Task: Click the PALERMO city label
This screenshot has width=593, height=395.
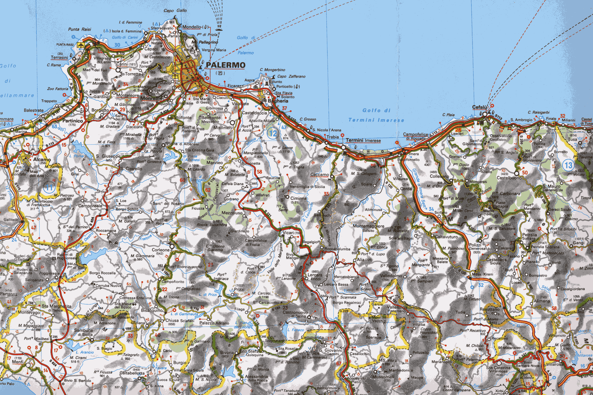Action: (225, 65)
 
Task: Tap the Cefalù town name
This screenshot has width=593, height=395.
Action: (479, 107)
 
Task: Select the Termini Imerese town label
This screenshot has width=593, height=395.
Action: (363, 140)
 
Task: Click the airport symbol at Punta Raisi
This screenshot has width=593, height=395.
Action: (80, 45)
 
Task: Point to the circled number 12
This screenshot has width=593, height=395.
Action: (272, 133)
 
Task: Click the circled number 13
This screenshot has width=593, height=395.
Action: (568, 165)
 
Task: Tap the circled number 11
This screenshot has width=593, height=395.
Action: (49, 187)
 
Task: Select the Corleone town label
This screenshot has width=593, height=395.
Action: (160, 250)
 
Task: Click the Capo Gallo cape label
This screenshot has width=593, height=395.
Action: (175, 11)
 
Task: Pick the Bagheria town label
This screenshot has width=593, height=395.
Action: (278, 101)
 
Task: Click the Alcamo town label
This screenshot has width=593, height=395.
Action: (42, 159)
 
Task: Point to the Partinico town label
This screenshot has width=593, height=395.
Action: (73, 121)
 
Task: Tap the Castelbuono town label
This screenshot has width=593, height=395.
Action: (509, 178)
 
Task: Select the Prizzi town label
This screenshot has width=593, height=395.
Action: (239, 289)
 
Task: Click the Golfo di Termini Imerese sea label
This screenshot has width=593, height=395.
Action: (376, 115)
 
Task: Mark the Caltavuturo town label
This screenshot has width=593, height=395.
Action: (446, 237)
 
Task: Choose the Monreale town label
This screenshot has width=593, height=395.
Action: (151, 98)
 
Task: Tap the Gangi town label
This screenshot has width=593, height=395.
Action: (578, 242)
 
